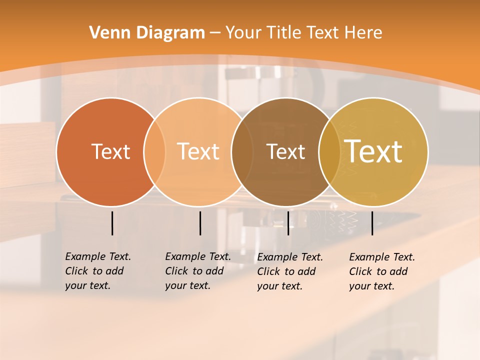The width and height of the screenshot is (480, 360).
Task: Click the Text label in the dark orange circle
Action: (110, 151)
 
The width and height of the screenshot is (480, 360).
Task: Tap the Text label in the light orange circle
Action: (198, 151)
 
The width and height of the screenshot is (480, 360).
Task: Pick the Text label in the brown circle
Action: (285, 151)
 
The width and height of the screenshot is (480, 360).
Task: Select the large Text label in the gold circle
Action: (373, 151)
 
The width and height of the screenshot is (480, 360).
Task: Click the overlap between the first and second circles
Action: (154, 151)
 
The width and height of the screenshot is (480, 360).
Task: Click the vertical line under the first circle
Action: (112, 223)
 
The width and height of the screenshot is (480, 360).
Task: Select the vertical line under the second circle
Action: (200, 223)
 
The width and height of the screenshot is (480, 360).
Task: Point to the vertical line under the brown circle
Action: (288, 223)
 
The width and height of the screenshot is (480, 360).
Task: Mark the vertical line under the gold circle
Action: (372, 223)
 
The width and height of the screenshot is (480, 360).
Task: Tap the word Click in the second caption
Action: (176, 271)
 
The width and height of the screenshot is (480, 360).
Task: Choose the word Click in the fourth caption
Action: (360, 271)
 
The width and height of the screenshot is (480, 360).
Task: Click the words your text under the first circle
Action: (87, 285)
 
